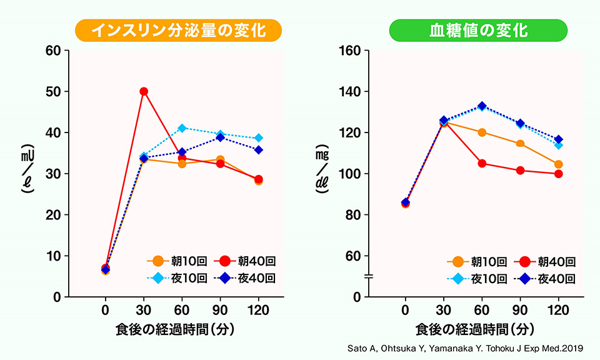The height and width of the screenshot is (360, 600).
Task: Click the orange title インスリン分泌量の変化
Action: click(178, 30)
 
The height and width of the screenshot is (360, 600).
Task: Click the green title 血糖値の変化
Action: click(478, 30)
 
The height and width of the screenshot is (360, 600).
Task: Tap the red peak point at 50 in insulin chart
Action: click(144, 91)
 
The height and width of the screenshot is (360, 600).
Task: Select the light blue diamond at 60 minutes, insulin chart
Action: click(182, 128)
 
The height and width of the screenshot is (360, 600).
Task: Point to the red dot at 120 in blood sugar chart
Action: click(558, 174)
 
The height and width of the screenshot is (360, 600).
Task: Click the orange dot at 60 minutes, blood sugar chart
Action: click(482, 132)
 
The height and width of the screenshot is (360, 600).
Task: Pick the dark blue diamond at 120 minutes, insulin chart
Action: click(258, 150)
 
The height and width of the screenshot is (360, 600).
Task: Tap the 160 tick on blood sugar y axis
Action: click(350, 51)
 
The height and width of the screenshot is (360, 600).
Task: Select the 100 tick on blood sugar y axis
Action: click(350, 174)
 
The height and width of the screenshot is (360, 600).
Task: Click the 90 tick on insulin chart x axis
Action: click(220, 309)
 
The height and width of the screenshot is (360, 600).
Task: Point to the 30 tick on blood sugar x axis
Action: click(444, 309)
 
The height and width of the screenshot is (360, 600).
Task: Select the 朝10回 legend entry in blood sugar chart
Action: click(476, 261)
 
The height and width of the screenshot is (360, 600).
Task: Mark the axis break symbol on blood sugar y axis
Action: click(369, 276)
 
